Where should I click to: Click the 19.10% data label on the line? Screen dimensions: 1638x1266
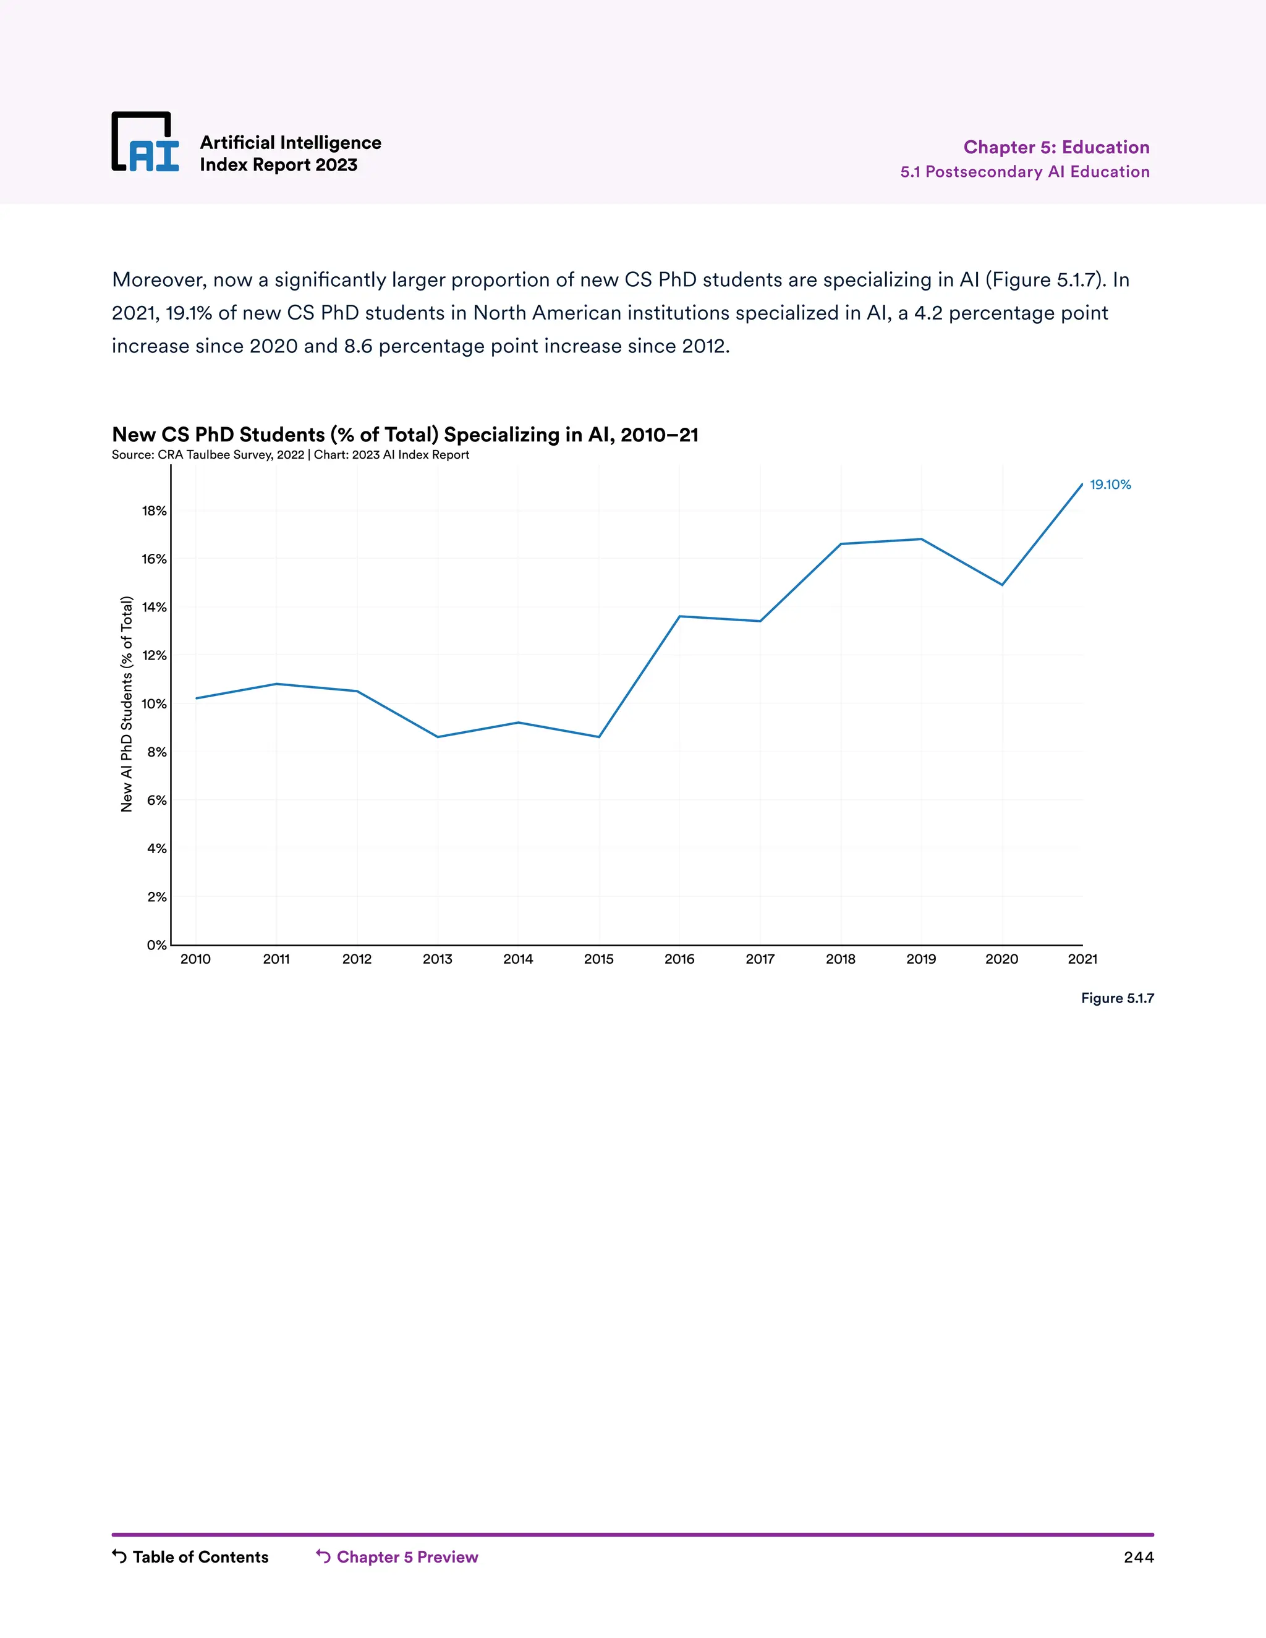1110,485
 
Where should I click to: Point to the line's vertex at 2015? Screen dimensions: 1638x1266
598,737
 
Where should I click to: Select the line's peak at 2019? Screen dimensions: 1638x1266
921,539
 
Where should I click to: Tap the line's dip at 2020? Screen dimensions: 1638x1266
1002,584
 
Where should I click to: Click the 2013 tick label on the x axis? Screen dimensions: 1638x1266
437,959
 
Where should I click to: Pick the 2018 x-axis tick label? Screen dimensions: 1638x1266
840,959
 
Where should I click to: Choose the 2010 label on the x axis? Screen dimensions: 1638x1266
196,959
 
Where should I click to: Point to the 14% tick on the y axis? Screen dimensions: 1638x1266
154,607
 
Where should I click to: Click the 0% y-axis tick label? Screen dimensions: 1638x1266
156,945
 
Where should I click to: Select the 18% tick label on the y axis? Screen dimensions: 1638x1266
154,511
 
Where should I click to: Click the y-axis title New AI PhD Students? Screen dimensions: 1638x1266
127,703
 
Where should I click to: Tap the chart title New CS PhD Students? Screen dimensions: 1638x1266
405,435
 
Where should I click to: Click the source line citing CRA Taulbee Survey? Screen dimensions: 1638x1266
291,454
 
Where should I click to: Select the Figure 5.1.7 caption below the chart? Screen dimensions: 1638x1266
1117,998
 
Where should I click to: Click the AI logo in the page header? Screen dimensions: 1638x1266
145,143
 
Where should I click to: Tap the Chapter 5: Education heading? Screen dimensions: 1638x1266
1056,147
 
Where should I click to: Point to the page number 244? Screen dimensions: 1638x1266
1139,1557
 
